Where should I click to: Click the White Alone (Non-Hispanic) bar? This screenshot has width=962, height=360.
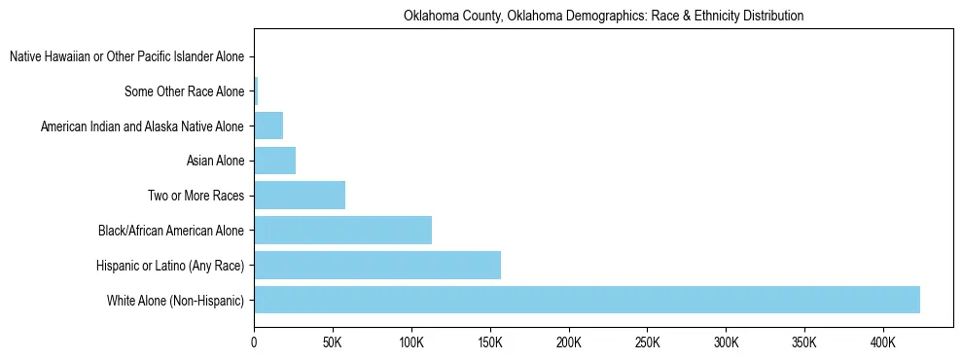click(x=587, y=300)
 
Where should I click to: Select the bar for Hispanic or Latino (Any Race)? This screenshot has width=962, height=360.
click(x=377, y=266)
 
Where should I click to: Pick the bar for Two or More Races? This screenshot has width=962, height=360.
click(x=300, y=196)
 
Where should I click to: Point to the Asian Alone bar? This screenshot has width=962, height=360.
click(x=274, y=161)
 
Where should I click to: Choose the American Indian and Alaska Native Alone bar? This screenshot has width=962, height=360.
click(x=268, y=126)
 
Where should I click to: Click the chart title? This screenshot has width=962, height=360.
click(x=603, y=16)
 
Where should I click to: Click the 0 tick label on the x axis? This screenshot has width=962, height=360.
click(x=254, y=342)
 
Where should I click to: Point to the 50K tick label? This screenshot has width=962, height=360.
click(x=333, y=342)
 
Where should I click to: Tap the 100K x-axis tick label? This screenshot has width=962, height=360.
click(x=411, y=342)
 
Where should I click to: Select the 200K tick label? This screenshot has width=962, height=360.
click(x=569, y=342)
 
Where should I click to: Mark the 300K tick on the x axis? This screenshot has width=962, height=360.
click(x=726, y=342)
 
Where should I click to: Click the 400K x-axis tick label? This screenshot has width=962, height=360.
click(x=883, y=342)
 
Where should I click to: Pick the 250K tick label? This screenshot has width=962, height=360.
click(x=647, y=342)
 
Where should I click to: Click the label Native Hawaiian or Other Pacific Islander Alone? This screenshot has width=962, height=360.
click(x=126, y=57)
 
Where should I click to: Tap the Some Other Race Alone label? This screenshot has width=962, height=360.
click(x=185, y=92)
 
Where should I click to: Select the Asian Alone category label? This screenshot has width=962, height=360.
click(x=215, y=162)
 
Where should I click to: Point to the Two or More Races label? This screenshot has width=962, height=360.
click(x=196, y=197)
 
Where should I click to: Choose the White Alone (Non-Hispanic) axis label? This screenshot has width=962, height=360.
click(x=175, y=301)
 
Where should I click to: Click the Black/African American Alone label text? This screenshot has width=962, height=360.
click(x=171, y=232)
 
